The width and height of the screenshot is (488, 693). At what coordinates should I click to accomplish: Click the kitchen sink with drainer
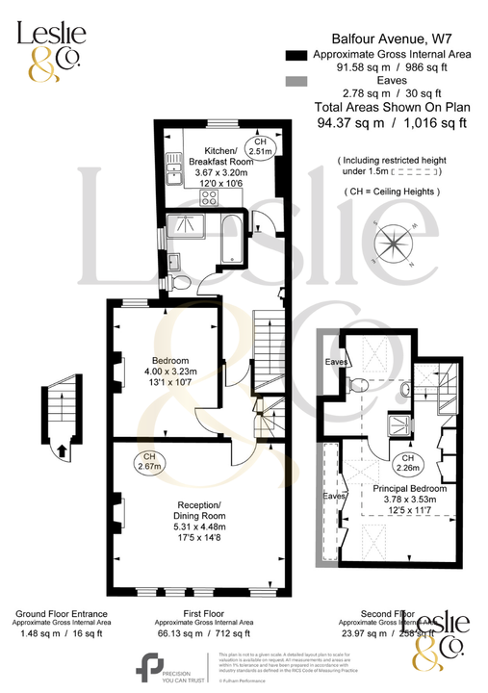click(x=173, y=172)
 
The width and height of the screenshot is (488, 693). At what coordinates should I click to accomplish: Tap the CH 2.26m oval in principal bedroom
click(x=406, y=462)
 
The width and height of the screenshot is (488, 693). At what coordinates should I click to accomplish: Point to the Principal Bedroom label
click(x=404, y=488)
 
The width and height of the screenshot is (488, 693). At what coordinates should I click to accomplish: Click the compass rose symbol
click(x=396, y=242)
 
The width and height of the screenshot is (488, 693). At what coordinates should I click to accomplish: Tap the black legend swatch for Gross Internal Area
click(x=295, y=55)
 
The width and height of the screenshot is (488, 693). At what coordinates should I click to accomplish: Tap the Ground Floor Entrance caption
click(x=60, y=613)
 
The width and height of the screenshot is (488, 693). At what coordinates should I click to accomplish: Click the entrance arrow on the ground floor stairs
click(x=61, y=449)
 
